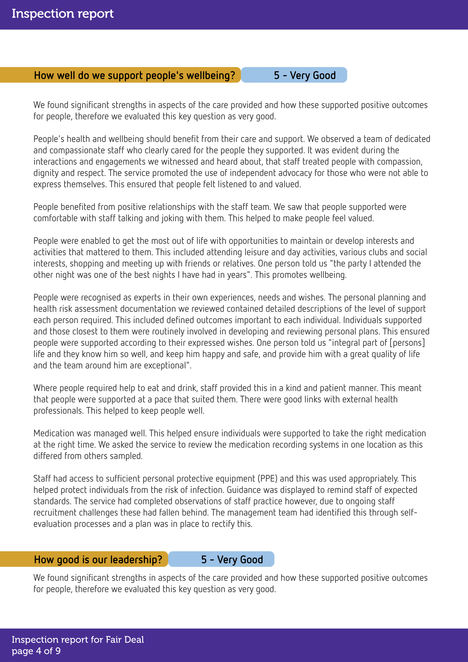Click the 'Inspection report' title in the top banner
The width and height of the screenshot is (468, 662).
[x=63, y=14]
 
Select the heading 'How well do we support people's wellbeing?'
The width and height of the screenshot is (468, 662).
[x=134, y=75]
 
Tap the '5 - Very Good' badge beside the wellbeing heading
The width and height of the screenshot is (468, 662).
[x=305, y=75]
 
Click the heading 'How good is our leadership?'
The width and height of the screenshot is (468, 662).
[x=98, y=559]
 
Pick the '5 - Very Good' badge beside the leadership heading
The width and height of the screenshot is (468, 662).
[x=232, y=559]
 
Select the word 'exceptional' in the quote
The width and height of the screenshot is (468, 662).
[x=165, y=366]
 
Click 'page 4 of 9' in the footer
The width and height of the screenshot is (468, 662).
[x=36, y=651]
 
